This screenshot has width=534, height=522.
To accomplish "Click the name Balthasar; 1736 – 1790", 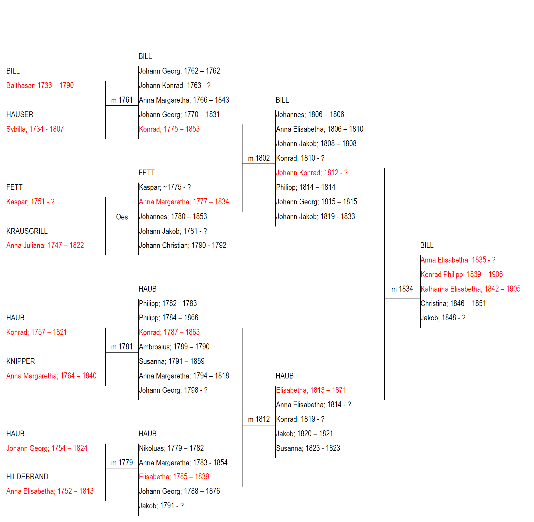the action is [40, 86].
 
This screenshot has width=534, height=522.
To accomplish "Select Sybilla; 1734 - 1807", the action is [35, 129].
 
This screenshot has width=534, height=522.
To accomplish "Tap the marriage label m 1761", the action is [122, 100].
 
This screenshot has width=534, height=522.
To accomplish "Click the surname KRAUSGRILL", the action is [27, 231].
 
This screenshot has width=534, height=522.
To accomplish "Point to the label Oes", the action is [122, 217].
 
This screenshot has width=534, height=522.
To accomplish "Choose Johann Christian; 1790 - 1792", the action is [183, 246].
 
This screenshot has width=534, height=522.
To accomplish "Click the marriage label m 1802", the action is [259, 158].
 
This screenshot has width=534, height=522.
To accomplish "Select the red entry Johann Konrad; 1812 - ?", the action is [312, 173].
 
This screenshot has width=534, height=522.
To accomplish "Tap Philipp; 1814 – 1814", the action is [306, 187].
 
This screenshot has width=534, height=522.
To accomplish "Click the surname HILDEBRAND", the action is [27, 477].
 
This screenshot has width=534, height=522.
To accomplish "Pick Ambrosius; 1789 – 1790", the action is [174, 347].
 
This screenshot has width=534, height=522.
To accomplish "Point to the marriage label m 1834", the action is [402, 289].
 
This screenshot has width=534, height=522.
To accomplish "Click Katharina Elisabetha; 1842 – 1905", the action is [471, 289].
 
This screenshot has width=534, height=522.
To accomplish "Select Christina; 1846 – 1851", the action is [453, 304].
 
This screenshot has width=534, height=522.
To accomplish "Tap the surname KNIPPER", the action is [21, 362].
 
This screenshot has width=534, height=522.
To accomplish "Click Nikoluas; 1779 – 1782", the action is [171, 448].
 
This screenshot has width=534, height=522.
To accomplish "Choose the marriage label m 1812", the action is [259, 419].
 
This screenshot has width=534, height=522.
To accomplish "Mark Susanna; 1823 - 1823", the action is [308, 448].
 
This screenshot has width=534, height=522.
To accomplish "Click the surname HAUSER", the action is [20, 115].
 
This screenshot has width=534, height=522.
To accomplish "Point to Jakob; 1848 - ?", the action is [443, 318].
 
